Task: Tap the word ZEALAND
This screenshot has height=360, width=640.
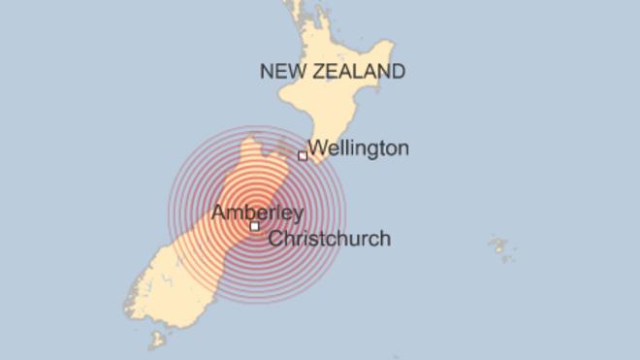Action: click(358, 72)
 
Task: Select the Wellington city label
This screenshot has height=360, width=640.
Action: click(358, 148)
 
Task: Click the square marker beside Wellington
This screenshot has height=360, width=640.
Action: click(303, 155)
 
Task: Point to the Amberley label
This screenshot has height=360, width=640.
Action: click(257, 213)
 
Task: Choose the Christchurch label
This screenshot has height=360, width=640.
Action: click(329, 238)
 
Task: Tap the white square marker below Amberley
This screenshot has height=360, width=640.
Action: click(254, 226)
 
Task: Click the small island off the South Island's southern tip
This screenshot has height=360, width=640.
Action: click(155, 341)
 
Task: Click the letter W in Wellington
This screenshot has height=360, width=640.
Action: click(317, 148)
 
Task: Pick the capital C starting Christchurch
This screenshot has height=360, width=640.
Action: click(273, 238)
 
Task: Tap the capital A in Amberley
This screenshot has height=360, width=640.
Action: click(219, 213)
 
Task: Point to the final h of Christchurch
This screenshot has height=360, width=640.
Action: click(385, 238)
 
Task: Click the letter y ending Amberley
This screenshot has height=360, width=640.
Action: click(298, 215)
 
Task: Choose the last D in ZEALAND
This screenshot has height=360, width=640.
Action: click(398, 72)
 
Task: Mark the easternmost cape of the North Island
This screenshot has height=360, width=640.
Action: click(393, 46)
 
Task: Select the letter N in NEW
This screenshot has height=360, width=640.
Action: click(265, 72)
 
